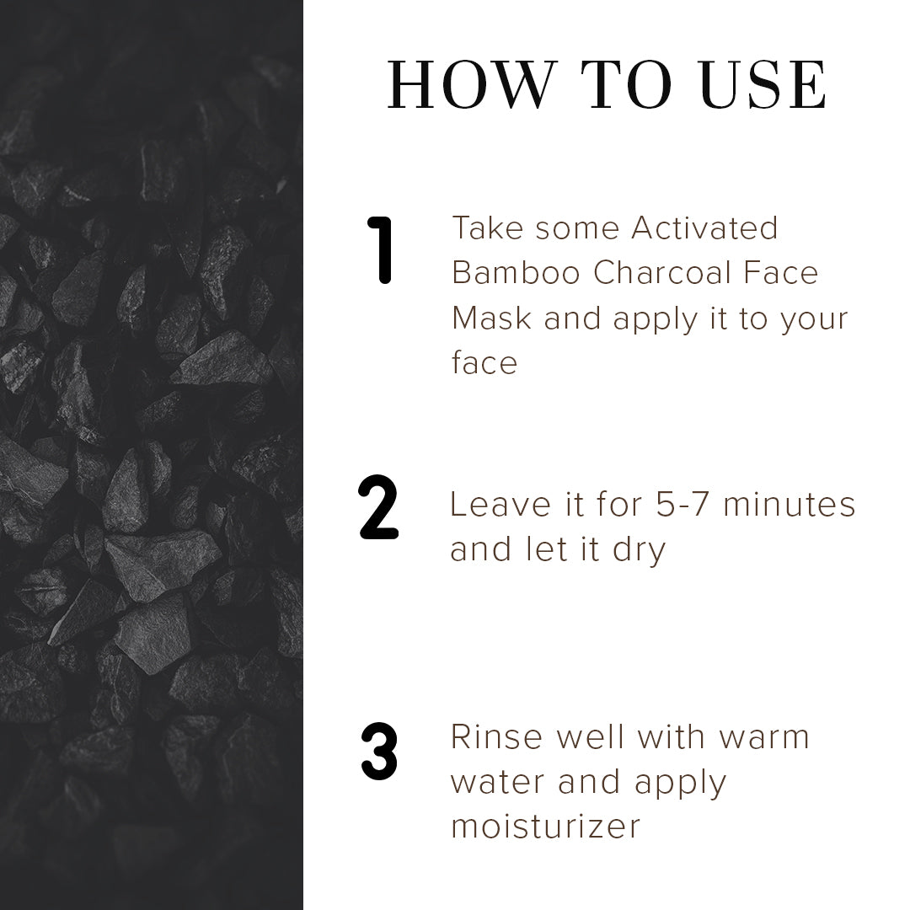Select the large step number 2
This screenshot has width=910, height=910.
[x=378, y=506]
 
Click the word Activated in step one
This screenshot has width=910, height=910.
[x=704, y=227]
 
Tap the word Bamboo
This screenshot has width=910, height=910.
[x=516, y=273]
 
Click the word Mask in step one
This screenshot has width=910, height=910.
[x=491, y=318]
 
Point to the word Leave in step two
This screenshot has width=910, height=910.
[x=500, y=504]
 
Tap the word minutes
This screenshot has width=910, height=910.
[x=790, y=504]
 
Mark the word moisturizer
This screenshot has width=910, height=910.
[x=545, y=827]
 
